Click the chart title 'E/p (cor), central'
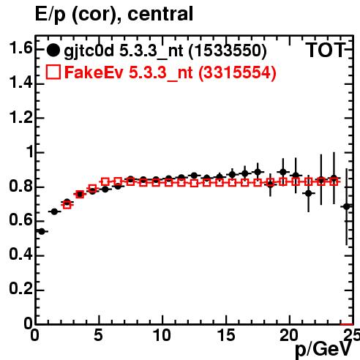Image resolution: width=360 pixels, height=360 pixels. pyautogui.click(x=114, y=14)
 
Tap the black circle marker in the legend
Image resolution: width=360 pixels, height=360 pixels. pyautogui.click(x=53, y=50)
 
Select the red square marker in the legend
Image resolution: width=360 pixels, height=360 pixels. pyautogui.click(x=53, y=72)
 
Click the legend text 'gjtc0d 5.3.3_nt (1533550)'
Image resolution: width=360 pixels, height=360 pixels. pyautogui.click(x=165, y=51)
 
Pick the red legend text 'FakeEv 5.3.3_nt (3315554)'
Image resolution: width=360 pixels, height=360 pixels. pyautogui.click(x=170, y=72)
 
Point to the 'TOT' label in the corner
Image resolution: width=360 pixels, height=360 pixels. pyautogui.click(x=326, y=50)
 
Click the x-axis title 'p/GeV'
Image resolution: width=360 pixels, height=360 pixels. pyautogui.click(x=324, y=349)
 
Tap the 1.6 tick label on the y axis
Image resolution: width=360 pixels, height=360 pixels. pyautogui.click(x=20, y=48)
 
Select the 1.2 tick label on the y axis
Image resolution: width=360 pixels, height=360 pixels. pyautogui.click(x=20, y=117)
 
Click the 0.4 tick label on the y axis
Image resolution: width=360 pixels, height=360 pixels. pyautogui.click(x=20, y=255)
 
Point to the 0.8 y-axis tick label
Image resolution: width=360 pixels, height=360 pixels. pyautogui.click(x=20, y=186)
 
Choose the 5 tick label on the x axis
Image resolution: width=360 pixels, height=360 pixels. pyautogui.click(x=98, y=335)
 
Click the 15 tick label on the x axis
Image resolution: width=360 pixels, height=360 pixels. pyautogui.click(x=226, y=335)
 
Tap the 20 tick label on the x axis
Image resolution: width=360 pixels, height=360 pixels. pyautogui.click(x=289, y=335)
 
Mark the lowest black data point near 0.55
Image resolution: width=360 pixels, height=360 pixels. pyautogui.click(x=42, y=231)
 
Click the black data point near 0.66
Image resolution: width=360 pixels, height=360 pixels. pyautogui.click(x=54, y=211)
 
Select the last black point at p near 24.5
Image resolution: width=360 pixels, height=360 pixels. pyautogui.click(x=347, y=206)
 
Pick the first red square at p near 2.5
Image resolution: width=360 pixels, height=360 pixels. pyautogui.click(x=67, y=205)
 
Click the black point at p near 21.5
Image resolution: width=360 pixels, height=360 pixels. pyautogui.click(x=309, y=193)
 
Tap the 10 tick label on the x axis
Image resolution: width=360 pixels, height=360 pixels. pyautogui.click(x=162, y=335)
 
